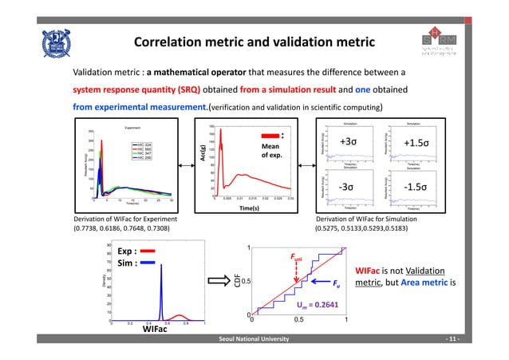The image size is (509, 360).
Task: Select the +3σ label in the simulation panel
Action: click(348, 141)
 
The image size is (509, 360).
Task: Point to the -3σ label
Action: click(347, 187)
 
